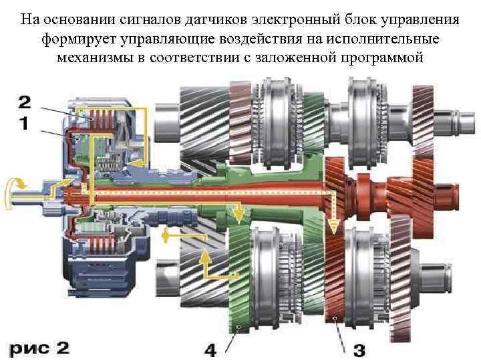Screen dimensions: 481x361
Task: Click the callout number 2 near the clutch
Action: coord(24,102)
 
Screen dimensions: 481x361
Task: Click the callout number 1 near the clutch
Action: coord(24,124)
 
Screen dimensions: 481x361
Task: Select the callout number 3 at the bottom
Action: coord(359,349)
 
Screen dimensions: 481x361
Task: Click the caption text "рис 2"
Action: coord(39,348)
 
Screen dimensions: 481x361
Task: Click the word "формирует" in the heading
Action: coord(73,37)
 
